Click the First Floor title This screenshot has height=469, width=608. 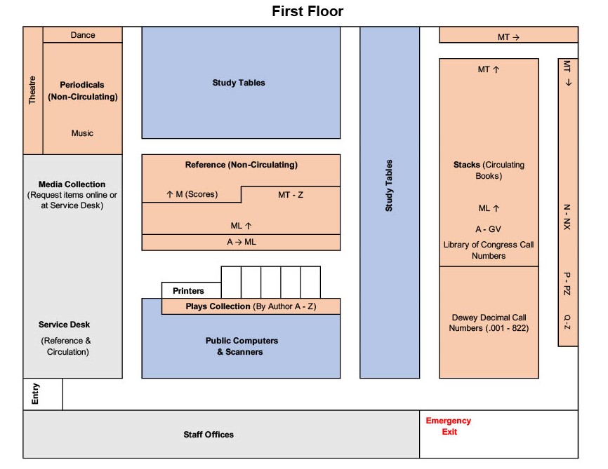click(x=308, y=12)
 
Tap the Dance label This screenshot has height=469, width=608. click(x=83, y=35)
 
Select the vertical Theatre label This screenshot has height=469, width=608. click(x=32, y=90)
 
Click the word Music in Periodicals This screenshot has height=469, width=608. click(x=82, y=133)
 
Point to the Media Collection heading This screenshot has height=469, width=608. click(x=72, y=184)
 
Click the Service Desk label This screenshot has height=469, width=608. click(x=65, y=325)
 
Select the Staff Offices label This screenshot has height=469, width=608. click(x=209, y=435)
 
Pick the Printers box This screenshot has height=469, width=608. click(x=188, y=291)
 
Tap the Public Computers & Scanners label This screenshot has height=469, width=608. click(x=242, y=346)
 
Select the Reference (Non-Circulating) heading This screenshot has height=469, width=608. click(x=242, y=165)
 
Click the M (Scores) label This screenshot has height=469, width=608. click(x=192, y=194)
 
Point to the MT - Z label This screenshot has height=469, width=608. click(x=291, y=194)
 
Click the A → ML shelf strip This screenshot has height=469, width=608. click(x=242, y=242)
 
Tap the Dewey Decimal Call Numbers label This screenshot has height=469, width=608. click(x=489, y=322)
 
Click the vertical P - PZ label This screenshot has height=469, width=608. click(x=567, y=283)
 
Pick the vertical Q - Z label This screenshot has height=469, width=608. click(x=567, y=322)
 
